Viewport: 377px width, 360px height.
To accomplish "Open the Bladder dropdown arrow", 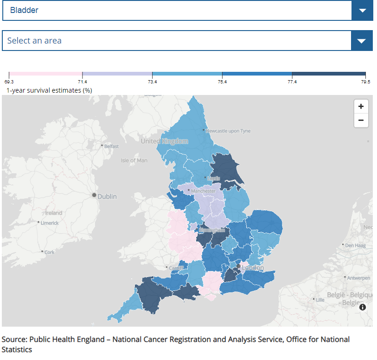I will tap(362, 11).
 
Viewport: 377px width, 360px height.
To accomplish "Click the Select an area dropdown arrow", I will tap(362, 41).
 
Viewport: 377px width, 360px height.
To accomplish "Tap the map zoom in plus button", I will tap(361, 106).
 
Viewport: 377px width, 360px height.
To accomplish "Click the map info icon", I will tap(363, 307).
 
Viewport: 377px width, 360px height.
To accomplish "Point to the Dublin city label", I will tap(107, 196).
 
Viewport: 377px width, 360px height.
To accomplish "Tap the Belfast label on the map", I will tap(111, 146).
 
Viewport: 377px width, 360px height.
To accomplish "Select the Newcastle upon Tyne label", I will tap(229, 131).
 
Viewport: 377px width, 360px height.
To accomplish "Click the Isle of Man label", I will tap(134, 160).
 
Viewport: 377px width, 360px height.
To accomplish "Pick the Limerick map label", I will tap(50, 223).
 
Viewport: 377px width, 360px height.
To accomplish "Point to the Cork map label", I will tap(49, 253).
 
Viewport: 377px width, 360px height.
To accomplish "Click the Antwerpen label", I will tap(359, 278).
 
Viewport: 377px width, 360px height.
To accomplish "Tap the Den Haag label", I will tap(357, 245).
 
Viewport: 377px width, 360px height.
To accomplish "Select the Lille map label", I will tap(320, 300).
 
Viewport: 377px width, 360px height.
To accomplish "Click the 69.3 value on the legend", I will tap(9, 82).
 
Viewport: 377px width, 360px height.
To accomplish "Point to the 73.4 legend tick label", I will tap(152, 82).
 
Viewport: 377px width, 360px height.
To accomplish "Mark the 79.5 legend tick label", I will tap(365, 82).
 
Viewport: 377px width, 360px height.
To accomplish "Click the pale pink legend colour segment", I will tap(45, 74).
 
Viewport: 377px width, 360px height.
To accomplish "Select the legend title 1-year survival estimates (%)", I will tap(49, 90).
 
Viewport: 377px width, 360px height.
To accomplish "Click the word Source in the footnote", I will tap(13, 340).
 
